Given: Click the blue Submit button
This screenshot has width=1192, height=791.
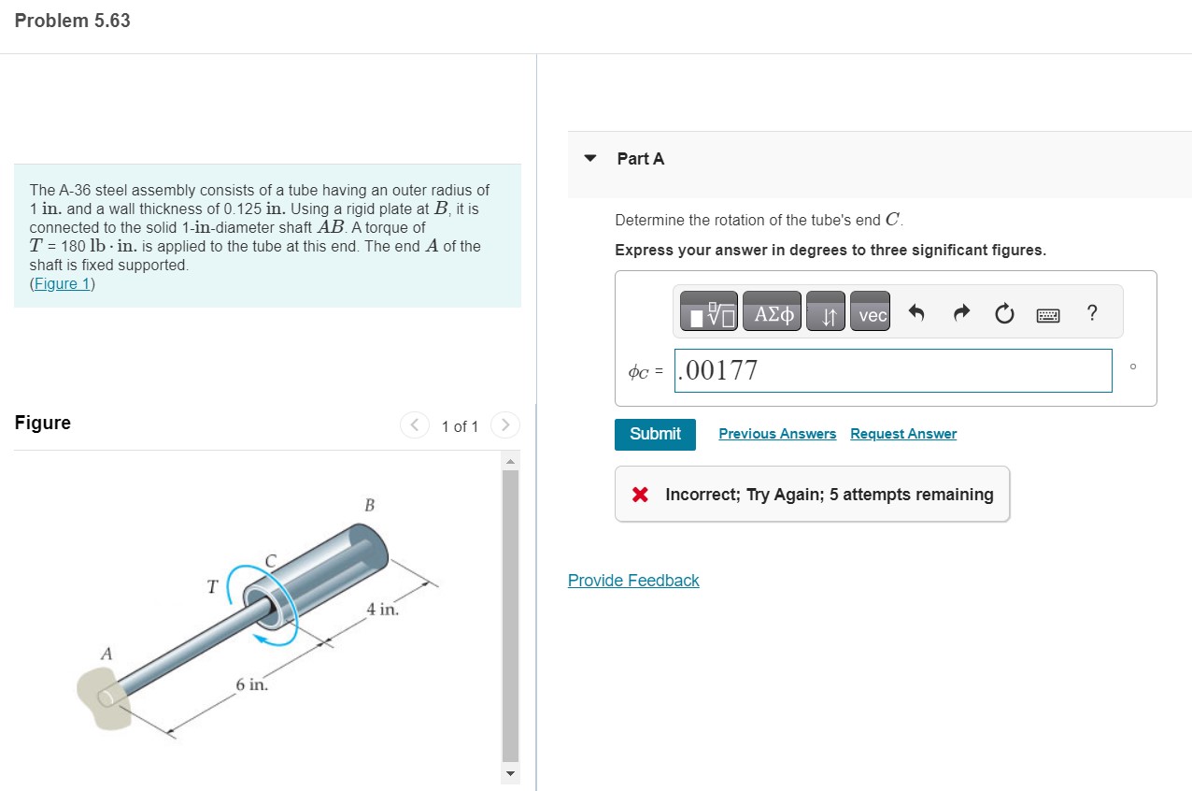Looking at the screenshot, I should [655, 434].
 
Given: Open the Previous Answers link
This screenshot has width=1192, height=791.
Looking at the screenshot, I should [777, 434].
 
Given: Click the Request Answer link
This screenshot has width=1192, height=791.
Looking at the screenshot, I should [903, 434].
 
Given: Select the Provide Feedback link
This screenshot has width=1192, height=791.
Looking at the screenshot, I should [633, 581].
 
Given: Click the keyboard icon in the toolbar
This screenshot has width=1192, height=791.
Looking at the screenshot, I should [1048, 316].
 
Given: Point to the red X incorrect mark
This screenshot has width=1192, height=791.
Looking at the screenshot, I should [640, 495].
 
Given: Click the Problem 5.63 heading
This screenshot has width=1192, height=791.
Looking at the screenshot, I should [73, 21].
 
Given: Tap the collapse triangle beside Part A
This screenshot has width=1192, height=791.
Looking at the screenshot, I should [589, 158].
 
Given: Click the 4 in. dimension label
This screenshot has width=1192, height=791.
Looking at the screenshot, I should [383, 610].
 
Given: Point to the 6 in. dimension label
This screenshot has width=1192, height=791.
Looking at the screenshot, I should [252, 685].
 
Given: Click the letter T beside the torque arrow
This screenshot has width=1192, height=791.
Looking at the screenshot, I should [213, 587].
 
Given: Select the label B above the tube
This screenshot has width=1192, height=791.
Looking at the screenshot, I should [369, 506].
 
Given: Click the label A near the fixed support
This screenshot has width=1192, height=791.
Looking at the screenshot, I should [106, 654].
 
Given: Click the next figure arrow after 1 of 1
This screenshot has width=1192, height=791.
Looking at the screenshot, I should [504, 425].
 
